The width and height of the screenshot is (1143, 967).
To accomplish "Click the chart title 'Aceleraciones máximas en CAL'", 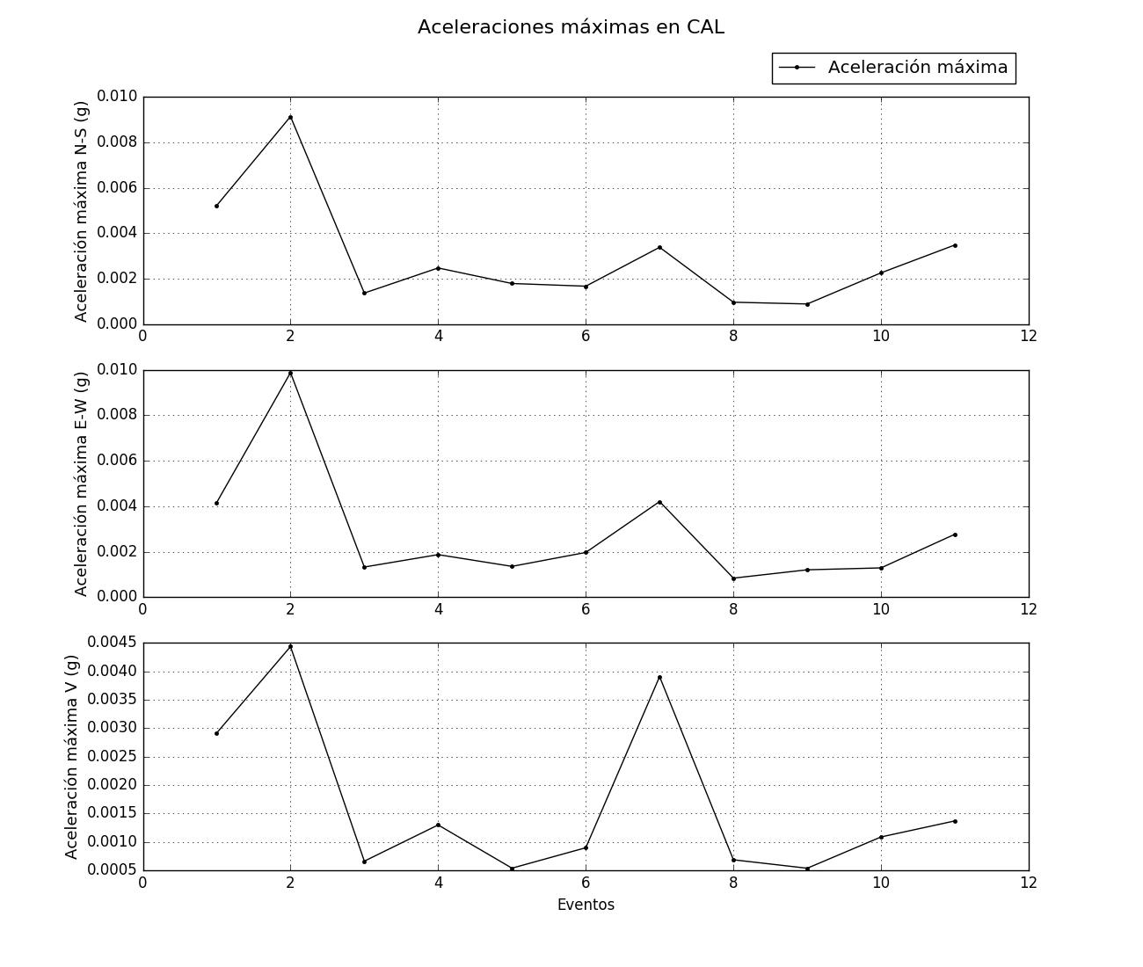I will pos(571,27).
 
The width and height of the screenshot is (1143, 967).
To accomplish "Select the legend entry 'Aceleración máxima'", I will pos(917,68).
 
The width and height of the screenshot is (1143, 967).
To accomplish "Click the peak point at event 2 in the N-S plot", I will pos(290,117).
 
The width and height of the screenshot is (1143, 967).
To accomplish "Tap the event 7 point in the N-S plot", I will pos(659,247).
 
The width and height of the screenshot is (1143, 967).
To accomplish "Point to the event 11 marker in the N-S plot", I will pos(955,245).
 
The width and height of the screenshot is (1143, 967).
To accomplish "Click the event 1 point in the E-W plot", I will pos(216,503).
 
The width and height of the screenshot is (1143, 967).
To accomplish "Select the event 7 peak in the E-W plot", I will pos(659,502).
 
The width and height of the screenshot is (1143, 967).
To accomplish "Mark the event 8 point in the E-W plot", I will pos(733,578).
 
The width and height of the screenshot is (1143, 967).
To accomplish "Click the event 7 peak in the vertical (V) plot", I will pos(659,677).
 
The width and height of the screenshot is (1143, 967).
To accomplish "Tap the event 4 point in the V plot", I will pos(438,825).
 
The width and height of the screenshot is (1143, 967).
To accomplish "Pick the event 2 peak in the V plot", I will pos(290,646).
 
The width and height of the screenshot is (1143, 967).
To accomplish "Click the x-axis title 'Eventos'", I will pos(586,905).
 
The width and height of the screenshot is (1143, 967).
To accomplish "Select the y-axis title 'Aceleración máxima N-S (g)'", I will pos(82,211).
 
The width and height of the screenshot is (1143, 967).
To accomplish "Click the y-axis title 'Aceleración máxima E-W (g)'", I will pos(82,484).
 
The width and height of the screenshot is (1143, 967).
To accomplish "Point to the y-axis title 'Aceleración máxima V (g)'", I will pos(72,756).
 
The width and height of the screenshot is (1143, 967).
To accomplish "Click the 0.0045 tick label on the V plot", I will pos(113,643).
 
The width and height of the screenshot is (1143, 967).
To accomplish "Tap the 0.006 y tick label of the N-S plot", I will pos(117,188).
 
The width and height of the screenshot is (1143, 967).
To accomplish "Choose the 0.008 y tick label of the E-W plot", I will pos(117,415).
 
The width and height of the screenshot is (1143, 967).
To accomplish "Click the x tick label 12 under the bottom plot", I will pos(1028,883).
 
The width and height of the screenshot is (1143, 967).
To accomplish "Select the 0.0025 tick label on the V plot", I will pos(113,756).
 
